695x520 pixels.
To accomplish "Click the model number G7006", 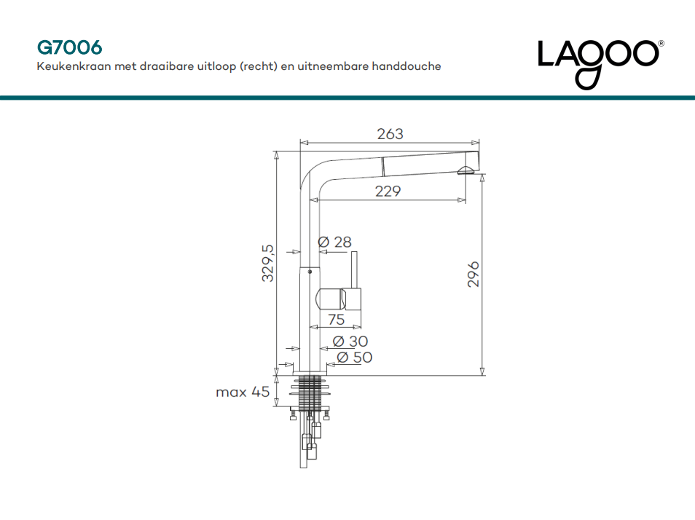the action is coord(70,47).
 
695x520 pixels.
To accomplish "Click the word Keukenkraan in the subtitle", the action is coord(74,66).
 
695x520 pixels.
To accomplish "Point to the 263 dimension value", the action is coord(390,134).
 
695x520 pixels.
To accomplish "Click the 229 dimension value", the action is coord(388,191).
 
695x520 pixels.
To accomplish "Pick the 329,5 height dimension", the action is coord(268,263).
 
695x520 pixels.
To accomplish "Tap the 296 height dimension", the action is coord(474,274).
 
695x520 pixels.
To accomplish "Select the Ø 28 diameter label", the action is coord(334,242).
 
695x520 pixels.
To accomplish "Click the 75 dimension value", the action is coord(337,319).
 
